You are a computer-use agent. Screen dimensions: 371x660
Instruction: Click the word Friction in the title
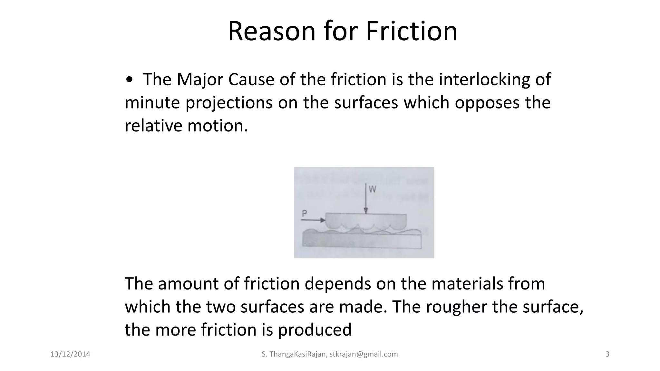pyautogui.click(x=412, y=31)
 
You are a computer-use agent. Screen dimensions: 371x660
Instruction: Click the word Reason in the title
pyautogui.click(x=272, y=31)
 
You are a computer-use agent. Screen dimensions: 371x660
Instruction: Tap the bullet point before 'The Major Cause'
pyautogui.click(x=129, y=80)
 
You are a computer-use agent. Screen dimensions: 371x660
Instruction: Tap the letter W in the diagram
pyautogui.click(x=372, y=189)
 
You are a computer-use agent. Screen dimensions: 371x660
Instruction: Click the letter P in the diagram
pyautogui.click(x=305, y=213)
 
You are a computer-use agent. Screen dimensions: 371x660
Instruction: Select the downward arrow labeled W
pyautogui.click(x=366, y=198)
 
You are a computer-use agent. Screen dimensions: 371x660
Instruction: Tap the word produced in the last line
pyautogui.click(x=315, y=330)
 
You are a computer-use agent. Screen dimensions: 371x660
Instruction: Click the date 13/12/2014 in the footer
pyautogui.click(x=70, y=354)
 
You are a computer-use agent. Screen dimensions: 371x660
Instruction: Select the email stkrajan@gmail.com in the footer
pyautogui.click(x=364, y=354)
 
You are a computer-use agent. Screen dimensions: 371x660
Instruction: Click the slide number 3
pyautogui.click(x=607, y=354)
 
